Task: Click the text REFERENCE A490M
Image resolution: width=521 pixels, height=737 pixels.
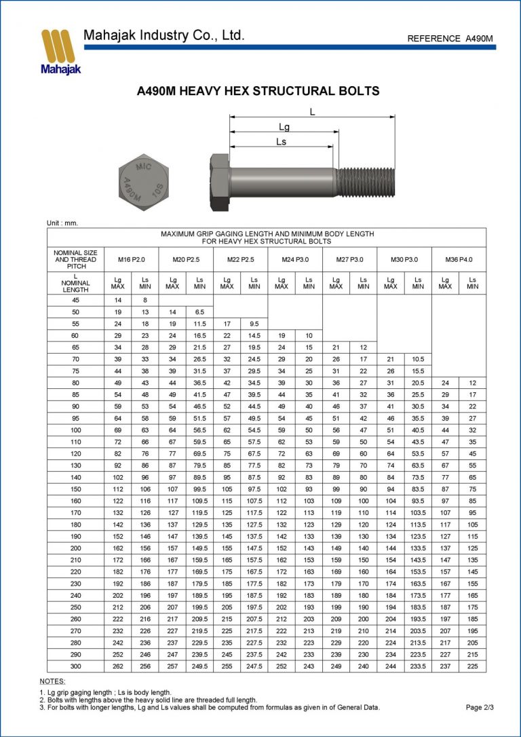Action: click(x=450, y=39)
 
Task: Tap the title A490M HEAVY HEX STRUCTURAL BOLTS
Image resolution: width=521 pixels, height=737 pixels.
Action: click(x=258, y=91)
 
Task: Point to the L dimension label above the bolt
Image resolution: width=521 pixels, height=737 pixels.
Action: click(x=312, y=112)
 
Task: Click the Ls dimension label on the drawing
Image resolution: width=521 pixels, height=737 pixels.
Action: click(x=281, y=141)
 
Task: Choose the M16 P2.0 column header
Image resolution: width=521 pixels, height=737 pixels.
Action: click(x=132, y=260)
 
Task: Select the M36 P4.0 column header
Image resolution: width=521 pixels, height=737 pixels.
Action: click(x=459, y=260)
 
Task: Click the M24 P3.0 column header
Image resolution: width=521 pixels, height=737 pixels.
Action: click(x=295, y=260)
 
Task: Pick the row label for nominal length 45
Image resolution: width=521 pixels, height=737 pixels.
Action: click(x=75, y=299)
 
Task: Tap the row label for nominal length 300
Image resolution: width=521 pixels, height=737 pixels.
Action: click(x=75, y=666)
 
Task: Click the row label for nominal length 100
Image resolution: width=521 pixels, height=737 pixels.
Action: click(x=75, y=430)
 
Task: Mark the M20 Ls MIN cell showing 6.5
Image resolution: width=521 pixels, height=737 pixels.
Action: click(x=199, y=311)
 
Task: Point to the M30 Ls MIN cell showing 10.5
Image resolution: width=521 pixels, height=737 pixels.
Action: click(x=418, y=358)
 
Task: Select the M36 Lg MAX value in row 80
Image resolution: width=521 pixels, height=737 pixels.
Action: click(x=445, y=383)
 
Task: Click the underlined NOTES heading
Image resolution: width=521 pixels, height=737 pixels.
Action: click(x=52, y=681)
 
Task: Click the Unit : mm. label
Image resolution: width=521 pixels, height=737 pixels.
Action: click(x=62, y=223)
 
